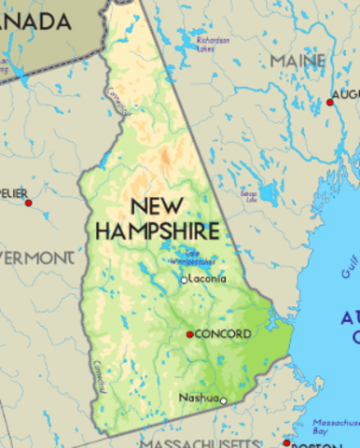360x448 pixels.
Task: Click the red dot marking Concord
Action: click(189, 333)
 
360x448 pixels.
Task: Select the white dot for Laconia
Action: click(184, 279)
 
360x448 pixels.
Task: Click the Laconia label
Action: click(206, 279)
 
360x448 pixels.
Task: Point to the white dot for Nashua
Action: click(223, 400)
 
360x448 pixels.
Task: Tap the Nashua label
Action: click(198, 399)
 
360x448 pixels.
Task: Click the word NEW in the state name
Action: click(155, 205)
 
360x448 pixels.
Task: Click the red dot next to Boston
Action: click(286, 442)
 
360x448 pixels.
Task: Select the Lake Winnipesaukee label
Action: click(194, 257)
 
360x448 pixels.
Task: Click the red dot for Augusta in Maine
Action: click(329, 102)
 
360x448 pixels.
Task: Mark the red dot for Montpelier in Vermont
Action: click(28, 203)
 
